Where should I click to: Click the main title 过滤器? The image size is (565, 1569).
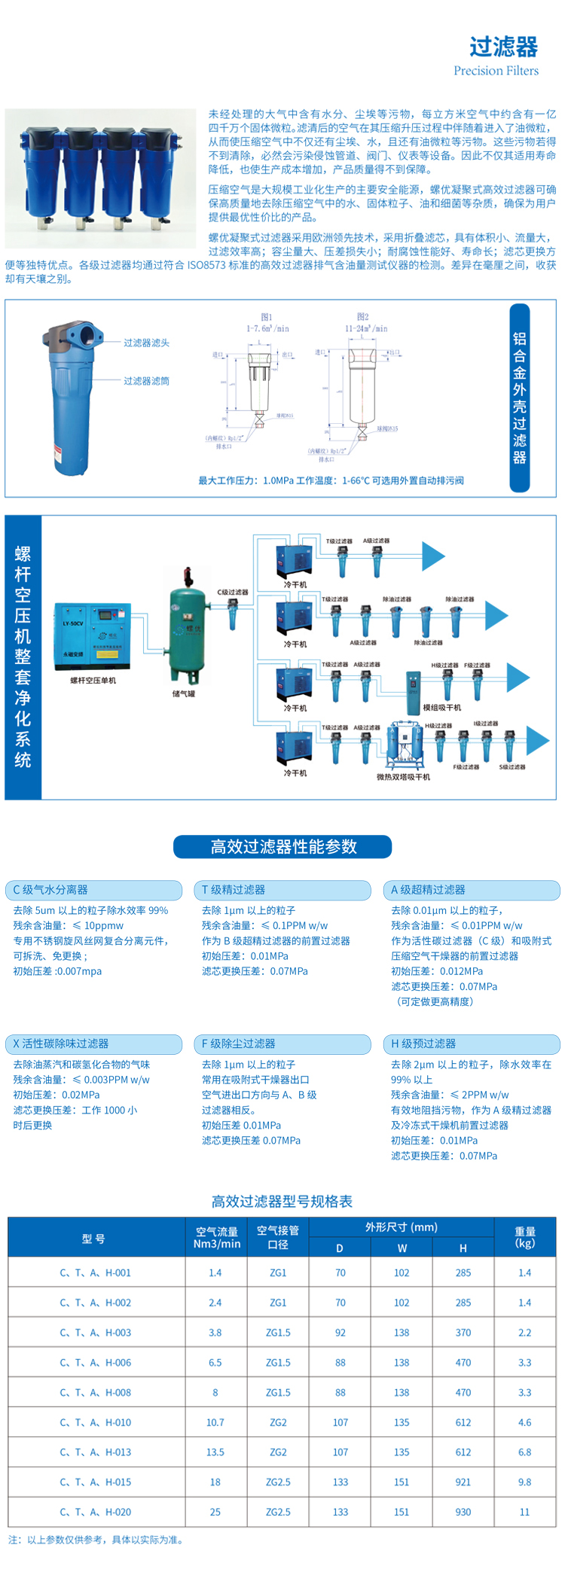[503, 47]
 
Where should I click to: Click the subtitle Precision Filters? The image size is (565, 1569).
[496, 71]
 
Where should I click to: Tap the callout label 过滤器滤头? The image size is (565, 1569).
[146, 343]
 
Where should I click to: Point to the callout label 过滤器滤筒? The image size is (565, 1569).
[146, 381]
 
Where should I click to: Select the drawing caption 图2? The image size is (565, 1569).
[362, 317]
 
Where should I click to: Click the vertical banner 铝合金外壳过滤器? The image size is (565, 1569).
[519, 398]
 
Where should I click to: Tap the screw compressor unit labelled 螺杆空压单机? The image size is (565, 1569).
[93, 636]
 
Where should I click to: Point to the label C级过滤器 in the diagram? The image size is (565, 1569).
[233, 592]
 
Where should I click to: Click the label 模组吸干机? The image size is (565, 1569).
[441, 708]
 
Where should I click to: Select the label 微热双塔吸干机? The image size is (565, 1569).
[403, 776]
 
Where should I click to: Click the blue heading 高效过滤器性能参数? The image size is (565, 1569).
[282, 847]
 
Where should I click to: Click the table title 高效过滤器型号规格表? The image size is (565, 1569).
[282, 1202]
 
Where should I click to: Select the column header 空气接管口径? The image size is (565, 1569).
[278, 1237]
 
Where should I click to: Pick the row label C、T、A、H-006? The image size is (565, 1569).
[96, 1363]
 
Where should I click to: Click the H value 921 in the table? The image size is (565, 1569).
[463, 1482]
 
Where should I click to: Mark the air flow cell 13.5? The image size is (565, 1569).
[215, 1452]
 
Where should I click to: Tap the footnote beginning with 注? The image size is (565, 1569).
[96, 1540]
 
